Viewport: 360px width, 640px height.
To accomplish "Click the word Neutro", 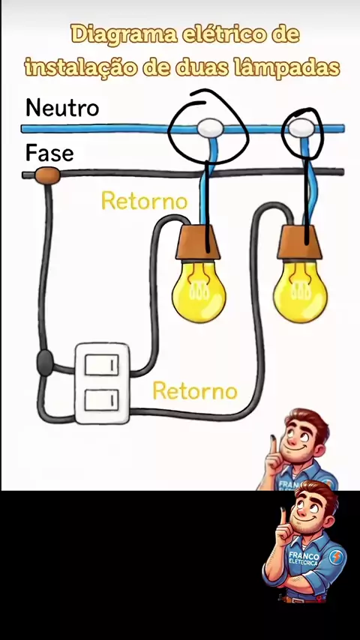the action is (62, 108).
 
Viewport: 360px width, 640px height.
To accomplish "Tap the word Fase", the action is (49, 153).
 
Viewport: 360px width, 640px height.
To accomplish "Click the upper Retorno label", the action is (144, 201).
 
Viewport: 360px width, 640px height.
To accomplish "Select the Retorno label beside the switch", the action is (195, 391).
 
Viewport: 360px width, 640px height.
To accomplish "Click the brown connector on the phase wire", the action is (47, 175).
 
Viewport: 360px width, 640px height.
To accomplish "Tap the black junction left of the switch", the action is (45, 363).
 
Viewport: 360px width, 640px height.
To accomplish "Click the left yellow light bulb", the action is (199, 292).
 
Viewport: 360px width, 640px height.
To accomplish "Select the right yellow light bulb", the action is (300, 291).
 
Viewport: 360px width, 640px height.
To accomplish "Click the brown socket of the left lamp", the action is (198, 243).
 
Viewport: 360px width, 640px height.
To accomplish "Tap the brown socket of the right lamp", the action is (299, 243).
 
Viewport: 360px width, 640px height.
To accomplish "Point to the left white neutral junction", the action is (211, 128).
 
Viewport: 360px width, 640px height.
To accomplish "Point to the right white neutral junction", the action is (301, 127).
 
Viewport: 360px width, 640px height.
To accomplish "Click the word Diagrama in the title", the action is (124, 35).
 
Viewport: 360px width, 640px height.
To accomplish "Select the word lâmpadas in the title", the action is (286, 67).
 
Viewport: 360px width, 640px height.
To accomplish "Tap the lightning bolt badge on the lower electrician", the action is (336, 557).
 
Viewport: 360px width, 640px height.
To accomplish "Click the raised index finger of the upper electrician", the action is (272, 446).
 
